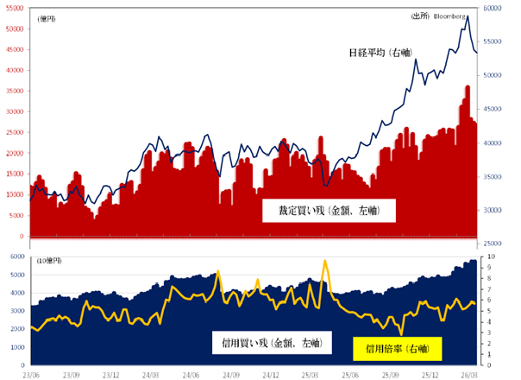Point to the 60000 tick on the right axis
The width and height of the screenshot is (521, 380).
point(493,8)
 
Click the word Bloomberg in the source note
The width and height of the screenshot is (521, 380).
point(451,16)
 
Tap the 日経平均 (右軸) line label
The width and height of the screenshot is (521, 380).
point(380,54)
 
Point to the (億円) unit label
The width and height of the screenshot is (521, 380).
point(47,18)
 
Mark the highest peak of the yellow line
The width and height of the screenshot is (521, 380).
point(325,260)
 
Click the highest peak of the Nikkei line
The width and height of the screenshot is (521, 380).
point(467,16)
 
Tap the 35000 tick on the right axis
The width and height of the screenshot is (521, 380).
point(493,176)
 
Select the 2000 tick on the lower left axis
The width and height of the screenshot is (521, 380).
point(16,329)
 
